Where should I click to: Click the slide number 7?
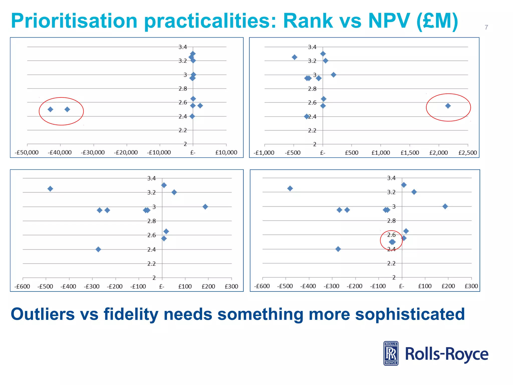486,27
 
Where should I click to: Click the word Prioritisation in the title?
74,21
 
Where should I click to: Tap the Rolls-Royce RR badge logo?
391,353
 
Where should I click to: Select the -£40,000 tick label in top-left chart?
60,152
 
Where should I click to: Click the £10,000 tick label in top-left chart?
226,152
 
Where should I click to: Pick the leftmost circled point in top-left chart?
50,109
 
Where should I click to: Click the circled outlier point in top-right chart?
448,106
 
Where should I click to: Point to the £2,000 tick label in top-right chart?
438,153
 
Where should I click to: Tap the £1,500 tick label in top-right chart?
410,153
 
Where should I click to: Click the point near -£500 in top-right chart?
295,57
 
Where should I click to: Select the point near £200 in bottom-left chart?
205,207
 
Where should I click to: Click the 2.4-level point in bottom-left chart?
98,249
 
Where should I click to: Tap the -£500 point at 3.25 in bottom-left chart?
50,189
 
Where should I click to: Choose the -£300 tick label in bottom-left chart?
92,286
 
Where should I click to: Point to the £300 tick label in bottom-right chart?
471,286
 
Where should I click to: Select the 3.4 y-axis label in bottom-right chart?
391,178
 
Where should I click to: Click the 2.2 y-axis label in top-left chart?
183,130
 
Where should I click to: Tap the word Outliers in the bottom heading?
43,314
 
